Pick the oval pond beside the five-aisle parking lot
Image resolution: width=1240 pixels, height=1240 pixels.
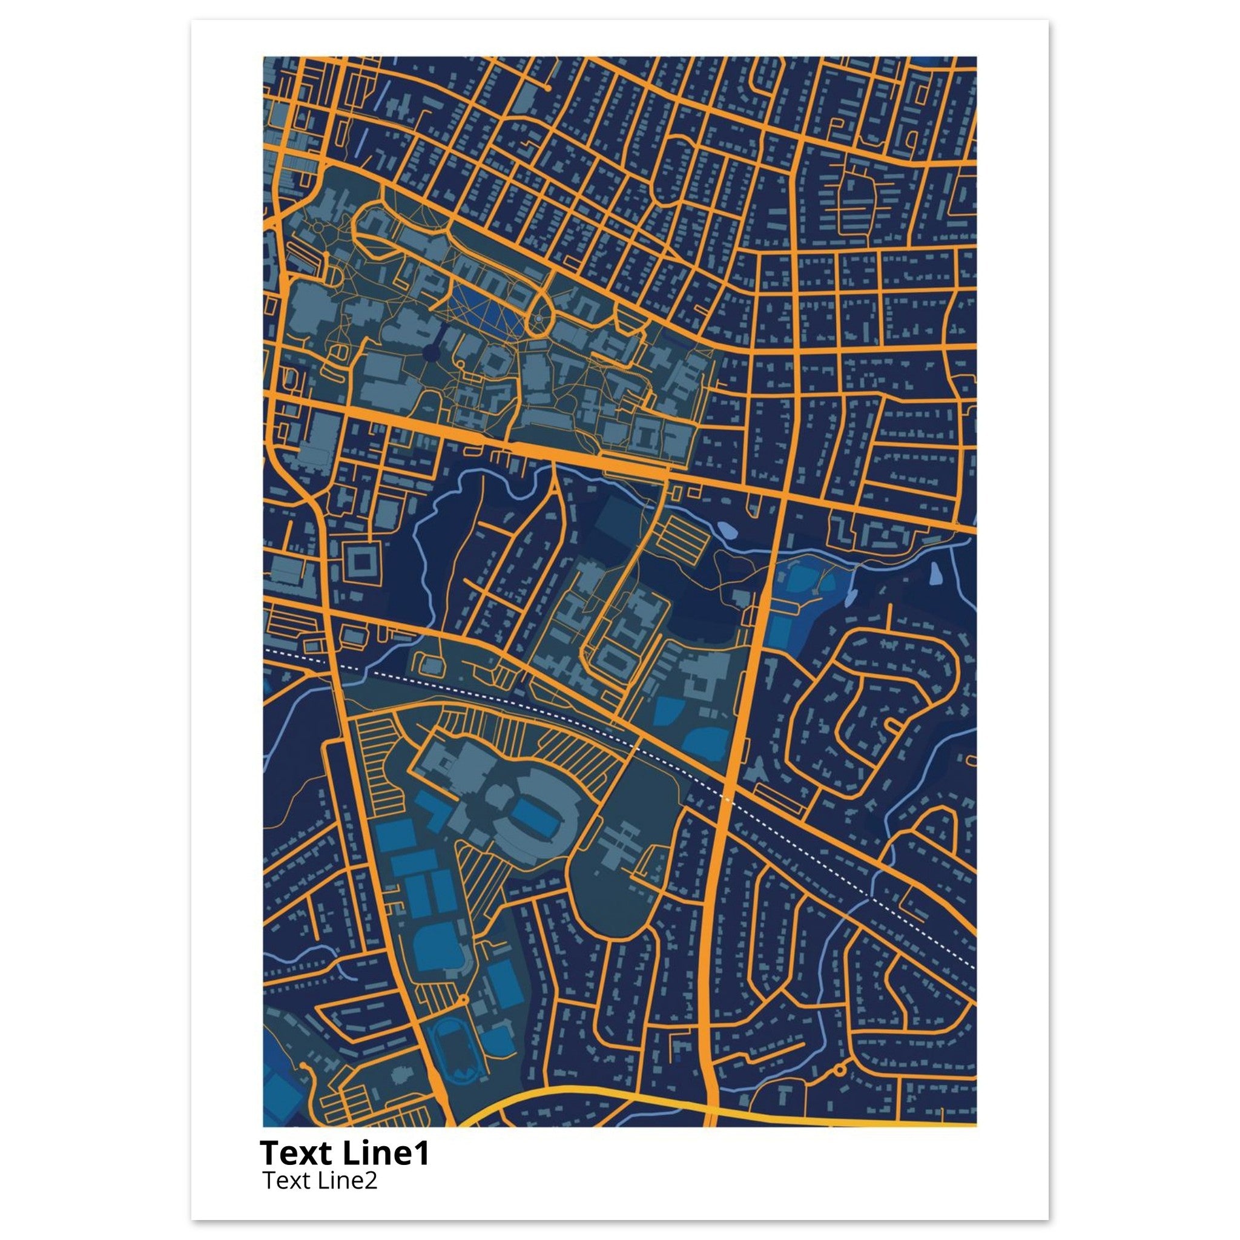tap(727, 530)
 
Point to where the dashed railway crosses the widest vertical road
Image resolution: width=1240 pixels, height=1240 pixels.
tap(727, 799)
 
